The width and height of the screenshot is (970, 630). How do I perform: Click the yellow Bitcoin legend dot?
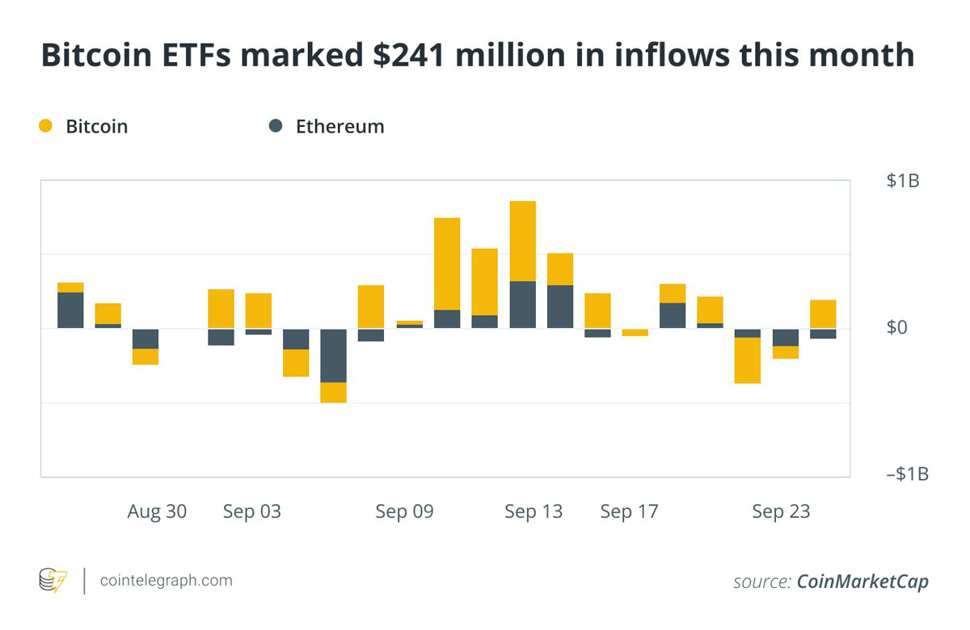coord(45,126)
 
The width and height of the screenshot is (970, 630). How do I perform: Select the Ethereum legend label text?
coord(339,127)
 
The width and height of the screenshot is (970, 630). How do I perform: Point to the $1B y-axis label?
coord(902,181)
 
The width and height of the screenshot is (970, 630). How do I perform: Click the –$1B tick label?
coord(907,473)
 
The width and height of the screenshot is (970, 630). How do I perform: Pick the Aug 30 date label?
coord(157,512)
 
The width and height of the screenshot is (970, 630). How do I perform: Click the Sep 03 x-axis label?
coord(252,512)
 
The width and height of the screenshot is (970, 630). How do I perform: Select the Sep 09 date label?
coord(404,512)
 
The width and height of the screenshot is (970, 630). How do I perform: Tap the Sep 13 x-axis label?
coord(533,512)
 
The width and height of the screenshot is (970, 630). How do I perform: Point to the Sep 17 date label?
coord(629,512)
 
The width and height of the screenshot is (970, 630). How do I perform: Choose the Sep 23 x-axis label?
coord(781,512)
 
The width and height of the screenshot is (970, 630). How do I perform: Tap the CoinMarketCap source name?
coord(862,582)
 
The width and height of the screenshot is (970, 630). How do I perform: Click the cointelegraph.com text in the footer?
coord(166,580)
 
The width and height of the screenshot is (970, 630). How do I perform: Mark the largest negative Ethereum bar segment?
coord(334,355)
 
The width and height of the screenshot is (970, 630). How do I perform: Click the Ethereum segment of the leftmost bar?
coord(70,310)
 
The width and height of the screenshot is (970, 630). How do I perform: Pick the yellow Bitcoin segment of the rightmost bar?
coord(823,314)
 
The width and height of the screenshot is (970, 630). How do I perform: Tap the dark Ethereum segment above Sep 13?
coord(522,304)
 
